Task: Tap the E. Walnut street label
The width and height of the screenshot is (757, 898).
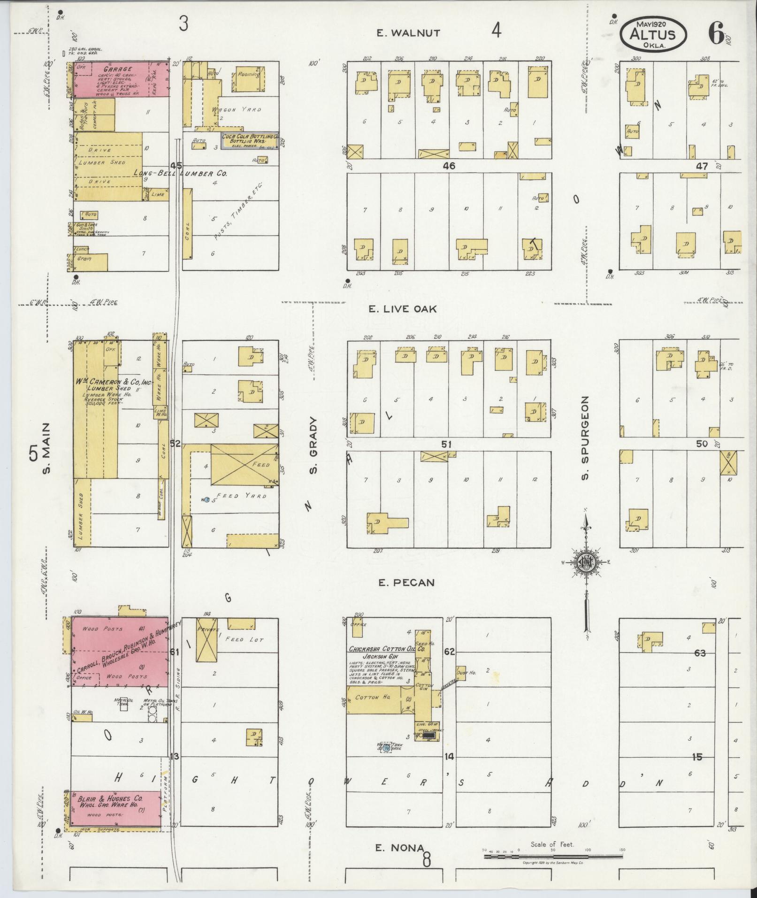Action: click(408, 33)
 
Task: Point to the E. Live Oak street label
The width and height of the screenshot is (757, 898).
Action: click(402, 309)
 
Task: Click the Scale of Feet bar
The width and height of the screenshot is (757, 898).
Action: click(554, 856)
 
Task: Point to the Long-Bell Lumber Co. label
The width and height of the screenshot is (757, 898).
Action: click(181, 174)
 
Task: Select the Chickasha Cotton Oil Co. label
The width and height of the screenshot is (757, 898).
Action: click(380, 649)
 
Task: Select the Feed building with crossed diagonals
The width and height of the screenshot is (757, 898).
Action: click(244, 465)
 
